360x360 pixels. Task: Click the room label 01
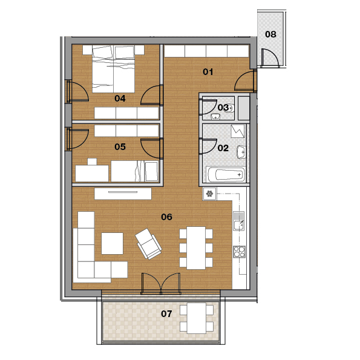point(208,72)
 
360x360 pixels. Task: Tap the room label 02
point(223,148)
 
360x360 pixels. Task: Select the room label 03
point(223,108)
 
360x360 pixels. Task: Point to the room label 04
point(120,99)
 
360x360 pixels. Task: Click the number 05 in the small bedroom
point(120,146)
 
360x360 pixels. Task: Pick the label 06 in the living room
point(166,217)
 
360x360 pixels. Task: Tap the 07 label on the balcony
point(166,313)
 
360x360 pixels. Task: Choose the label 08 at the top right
point(270,34)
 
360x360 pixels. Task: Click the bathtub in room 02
point(226,174)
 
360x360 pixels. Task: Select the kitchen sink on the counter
point(239,221)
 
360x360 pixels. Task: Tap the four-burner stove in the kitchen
point(239,252)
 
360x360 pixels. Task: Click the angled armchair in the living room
point(148,244)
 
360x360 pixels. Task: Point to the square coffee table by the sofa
point(113,243)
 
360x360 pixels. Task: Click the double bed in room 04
point(113,69)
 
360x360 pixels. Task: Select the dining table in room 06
point(196,248)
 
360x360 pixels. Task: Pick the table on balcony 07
point(197,318)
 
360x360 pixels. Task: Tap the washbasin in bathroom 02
point(241,152)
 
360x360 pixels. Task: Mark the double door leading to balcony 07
point(161,284)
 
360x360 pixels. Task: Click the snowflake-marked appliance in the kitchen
point(209,194)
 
